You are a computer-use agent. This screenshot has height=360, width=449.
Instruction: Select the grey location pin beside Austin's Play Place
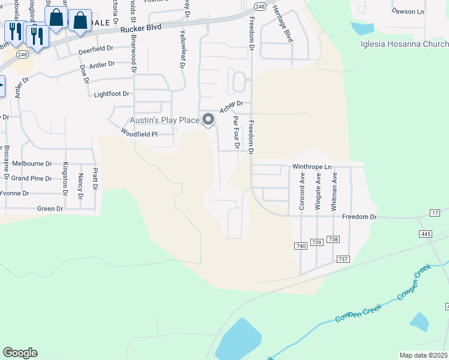coord(208,120)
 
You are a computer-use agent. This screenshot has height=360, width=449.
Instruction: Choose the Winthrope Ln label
coord(312,166)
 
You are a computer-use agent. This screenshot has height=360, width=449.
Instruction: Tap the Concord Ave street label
coord(302,191)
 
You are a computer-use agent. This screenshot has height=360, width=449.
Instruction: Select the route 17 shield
coord(435,214)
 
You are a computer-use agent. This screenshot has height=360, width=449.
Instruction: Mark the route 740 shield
coord(301,246)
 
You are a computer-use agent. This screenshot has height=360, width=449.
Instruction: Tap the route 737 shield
coord(343,259)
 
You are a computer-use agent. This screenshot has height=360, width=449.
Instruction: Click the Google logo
coord(20,353)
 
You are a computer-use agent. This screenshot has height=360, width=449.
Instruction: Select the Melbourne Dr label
coord(32,163)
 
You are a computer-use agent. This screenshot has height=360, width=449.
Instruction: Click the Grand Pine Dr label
coord(32,178)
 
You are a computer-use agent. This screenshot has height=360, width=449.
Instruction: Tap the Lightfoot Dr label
coord(112,94)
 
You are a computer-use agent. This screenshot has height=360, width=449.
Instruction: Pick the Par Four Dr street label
coord(237,132)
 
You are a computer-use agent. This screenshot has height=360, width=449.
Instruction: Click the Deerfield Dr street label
coord(95,49)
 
